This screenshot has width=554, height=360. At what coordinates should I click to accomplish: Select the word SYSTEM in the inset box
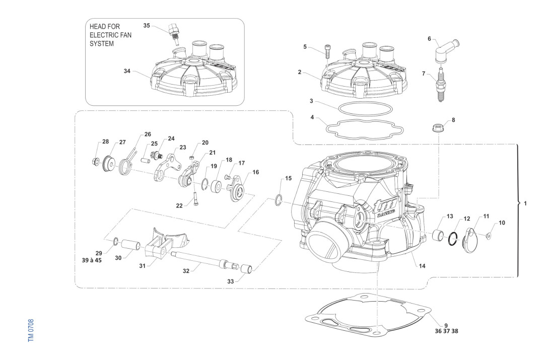click(x=101, y=44)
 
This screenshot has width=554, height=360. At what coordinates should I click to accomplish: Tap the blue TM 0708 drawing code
click(x=31, y=330)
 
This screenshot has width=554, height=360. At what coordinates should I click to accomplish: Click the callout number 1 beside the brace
click(x=525, y=204)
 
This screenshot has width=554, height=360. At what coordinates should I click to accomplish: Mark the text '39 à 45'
click(x=91, y=260)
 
